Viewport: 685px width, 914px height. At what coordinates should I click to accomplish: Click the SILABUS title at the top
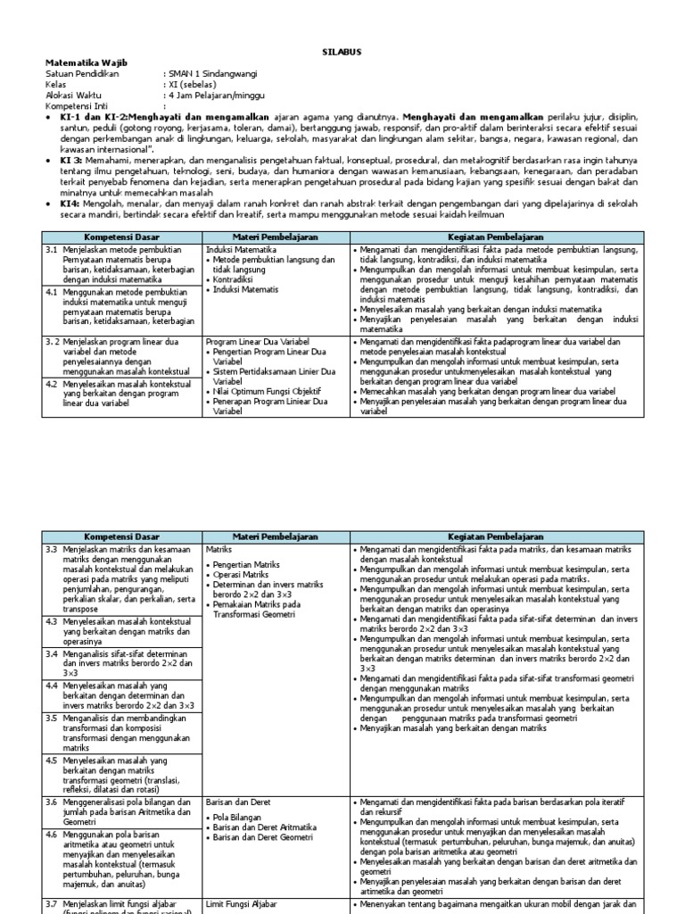342,53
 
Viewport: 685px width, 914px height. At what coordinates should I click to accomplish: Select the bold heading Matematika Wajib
79,63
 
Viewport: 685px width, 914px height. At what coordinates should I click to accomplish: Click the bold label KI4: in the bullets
69,204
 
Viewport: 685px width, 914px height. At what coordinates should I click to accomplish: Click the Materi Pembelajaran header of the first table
276,238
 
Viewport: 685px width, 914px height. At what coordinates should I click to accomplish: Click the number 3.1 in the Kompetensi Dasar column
53,251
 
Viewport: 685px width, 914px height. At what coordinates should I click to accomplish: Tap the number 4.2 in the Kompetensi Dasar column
53,383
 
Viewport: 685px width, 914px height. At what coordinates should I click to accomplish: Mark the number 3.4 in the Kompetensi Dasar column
53,652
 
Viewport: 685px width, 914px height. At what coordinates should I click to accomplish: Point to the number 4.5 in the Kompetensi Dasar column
53,760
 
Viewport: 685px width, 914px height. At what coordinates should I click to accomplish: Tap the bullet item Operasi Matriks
243,574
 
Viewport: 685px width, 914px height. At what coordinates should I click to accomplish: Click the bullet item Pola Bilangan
238,816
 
